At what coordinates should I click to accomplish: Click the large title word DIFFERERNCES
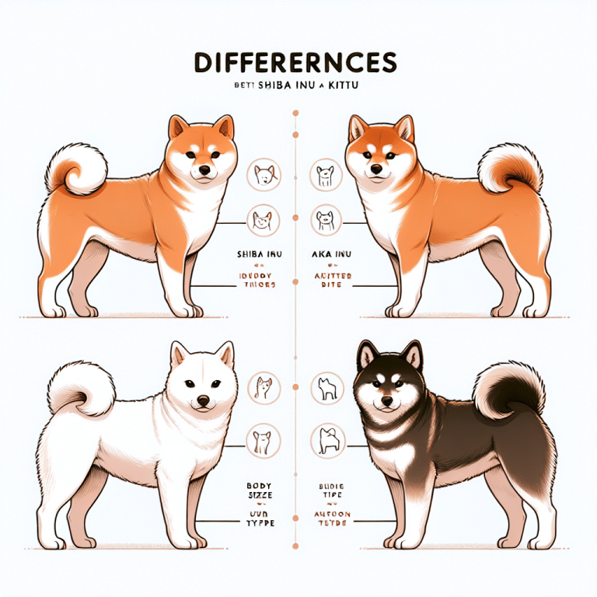tap(298, 62)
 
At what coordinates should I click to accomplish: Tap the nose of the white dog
tap(203, 401)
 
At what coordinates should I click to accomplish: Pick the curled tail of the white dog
tap(80, 389)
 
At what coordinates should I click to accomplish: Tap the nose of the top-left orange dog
tap(204, 170)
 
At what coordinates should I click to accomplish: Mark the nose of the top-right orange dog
tap(375, 169)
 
